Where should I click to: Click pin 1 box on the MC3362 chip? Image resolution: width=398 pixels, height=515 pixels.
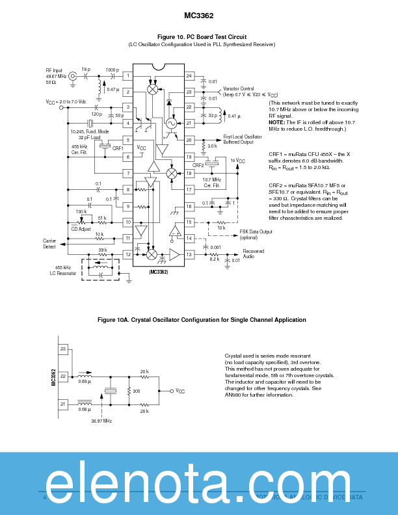tap(128, 76)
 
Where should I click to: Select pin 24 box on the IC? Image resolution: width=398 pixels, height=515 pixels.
tap(189, 76)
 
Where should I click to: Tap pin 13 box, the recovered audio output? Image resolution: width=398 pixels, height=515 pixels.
tap(189, 254)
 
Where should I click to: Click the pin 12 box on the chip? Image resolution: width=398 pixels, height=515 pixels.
tap(128, 254)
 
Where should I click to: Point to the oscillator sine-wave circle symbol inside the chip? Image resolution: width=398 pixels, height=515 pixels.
tap(172, 123)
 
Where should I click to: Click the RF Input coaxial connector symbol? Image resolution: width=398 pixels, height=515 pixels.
tap(73, 77)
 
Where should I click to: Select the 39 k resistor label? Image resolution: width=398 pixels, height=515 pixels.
tap(102, 250)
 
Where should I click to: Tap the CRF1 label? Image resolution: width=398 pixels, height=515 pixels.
tap(118, 148)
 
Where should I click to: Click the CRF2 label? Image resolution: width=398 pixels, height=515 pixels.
tap(198, 165)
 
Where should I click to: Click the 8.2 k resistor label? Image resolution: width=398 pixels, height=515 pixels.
tap(215, 259)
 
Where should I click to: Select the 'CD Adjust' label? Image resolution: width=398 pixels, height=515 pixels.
tap(81, 229)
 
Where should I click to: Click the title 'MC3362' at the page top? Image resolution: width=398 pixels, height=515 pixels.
tap(198, 16)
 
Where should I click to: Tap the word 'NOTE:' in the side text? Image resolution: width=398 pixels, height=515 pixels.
tap(277, 123)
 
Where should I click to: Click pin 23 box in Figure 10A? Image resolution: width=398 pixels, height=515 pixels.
tap(63, 349)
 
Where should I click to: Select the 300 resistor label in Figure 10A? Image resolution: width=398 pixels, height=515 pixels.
tap(136, 391)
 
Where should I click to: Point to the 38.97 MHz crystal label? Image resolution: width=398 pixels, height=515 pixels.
tap(101, 421)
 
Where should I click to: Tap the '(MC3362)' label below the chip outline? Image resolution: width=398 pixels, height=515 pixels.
tap(158, 272)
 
